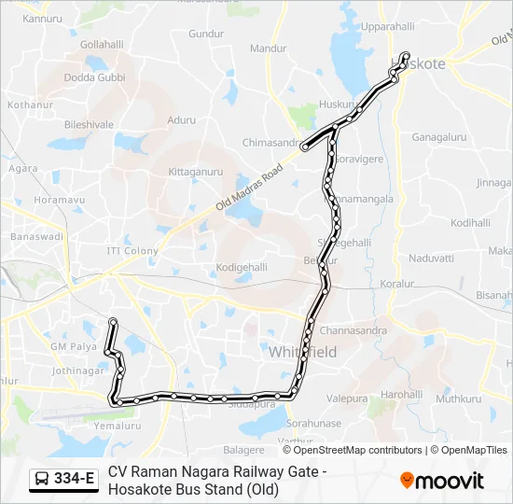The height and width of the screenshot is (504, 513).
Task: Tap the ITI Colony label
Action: click(x=132, y=251)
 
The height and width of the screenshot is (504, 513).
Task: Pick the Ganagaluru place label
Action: click(x=439, y=137)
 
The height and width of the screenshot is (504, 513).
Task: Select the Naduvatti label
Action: click(x=430, y=258)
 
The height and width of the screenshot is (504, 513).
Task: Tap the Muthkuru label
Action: click(x=458, y=399)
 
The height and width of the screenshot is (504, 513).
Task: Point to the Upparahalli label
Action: click(x=387, y=28)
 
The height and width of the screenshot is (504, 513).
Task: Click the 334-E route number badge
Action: click(x=76, y=480)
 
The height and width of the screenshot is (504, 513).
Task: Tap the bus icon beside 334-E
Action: click(x=42, y=480)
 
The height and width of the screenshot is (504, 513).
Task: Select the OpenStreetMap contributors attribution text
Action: click(x=358, y=450)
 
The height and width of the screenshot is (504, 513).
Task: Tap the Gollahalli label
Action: click(x=102, y=44)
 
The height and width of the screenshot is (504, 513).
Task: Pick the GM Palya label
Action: click(x=73, y=346)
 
